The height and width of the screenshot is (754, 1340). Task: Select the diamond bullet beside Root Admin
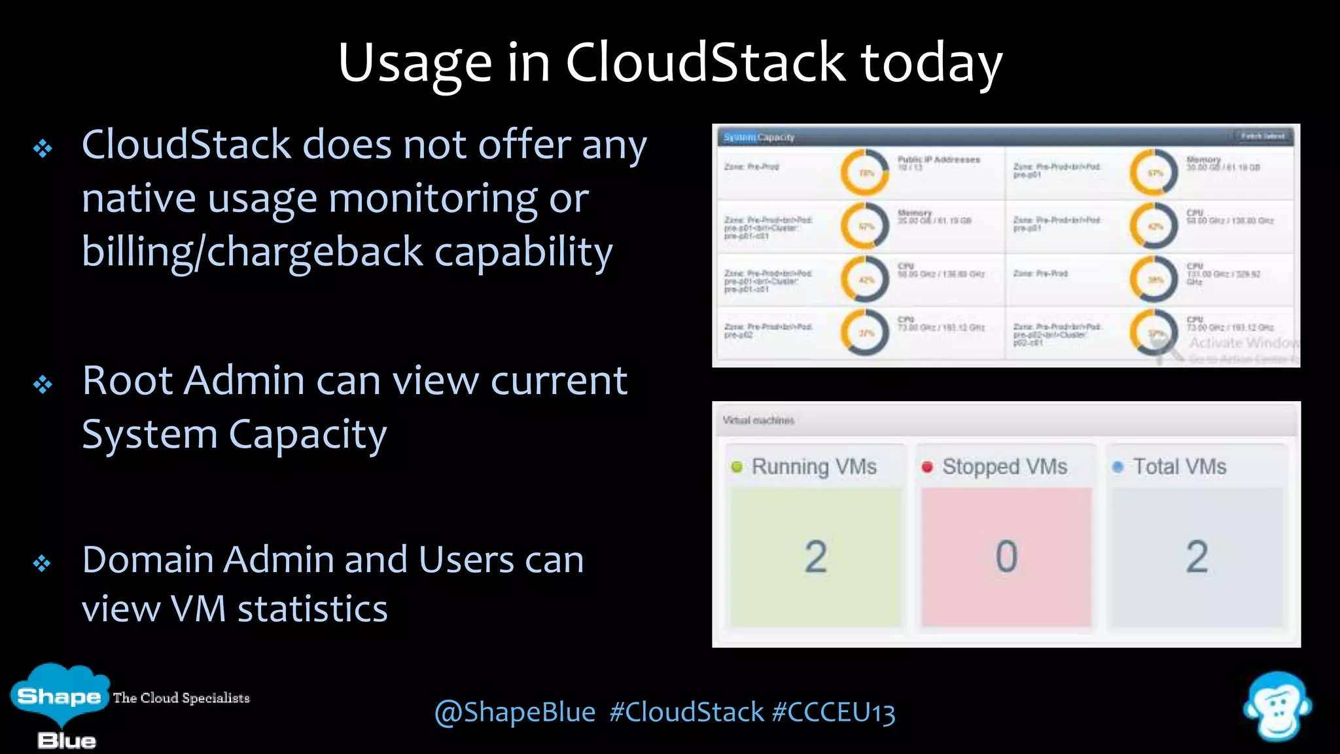[43, 384]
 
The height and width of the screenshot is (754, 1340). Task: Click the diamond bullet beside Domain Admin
[43, 563]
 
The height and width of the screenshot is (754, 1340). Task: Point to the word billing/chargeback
[253, 252]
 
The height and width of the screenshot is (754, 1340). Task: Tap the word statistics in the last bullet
[312, 609]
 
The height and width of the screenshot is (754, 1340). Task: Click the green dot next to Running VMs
[737, 467]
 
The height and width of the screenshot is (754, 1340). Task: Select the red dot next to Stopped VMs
[927, 467]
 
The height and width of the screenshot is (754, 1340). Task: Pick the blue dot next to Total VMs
[1118, 467]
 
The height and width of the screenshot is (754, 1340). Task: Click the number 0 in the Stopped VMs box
[1006, 557]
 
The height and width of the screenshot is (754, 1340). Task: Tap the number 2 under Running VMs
[815, 557]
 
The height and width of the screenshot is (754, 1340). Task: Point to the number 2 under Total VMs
[1197, 557]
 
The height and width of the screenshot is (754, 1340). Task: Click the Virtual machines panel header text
[758, 420]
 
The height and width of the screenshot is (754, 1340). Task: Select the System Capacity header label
[759, 137]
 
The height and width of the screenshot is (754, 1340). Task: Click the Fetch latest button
[1262, 136]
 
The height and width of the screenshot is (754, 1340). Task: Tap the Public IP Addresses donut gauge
[865, 173]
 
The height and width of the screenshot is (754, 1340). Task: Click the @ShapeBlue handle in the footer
[515, 712]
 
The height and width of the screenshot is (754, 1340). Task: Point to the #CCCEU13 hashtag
[833, 712]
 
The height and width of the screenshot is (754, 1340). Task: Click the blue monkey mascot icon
[1277, 707]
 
